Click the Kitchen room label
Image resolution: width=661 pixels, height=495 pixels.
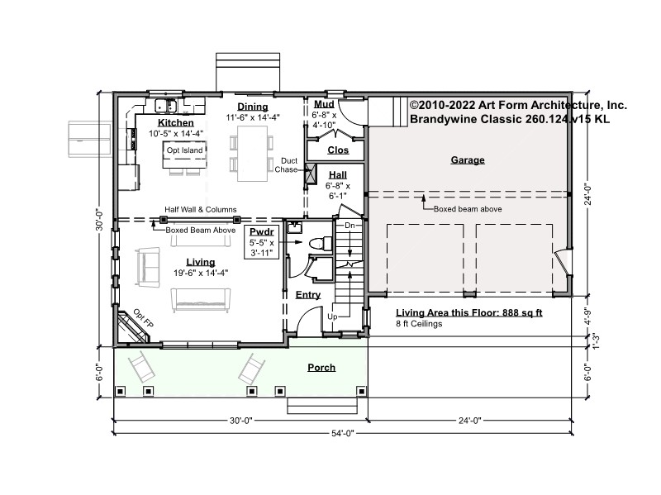(176, 122)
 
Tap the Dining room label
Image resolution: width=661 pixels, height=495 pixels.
(253, 107)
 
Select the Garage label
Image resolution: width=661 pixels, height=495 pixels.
(468, 159)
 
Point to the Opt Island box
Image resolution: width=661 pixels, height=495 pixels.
(184, 155)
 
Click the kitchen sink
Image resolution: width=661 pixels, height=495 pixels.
(166, 105)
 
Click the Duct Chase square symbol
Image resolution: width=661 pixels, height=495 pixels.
(311, 174)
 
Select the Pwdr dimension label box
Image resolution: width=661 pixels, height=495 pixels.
(261, 242)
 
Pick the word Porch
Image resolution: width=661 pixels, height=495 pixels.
(321, 368)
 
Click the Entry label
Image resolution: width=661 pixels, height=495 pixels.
(308, 295)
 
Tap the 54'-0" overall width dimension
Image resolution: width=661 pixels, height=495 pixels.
(343, 433)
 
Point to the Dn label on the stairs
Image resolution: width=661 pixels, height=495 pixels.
(350, 226)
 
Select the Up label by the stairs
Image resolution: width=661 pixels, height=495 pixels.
(332, 317)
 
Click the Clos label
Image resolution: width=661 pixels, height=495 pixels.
(338, 150)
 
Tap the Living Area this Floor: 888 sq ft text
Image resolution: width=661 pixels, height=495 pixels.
(469, 313)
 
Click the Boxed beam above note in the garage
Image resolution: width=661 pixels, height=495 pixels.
(468, 209)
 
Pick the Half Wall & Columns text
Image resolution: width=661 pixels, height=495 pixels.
(201, 210)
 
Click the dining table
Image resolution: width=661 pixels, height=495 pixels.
(252, 154)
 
